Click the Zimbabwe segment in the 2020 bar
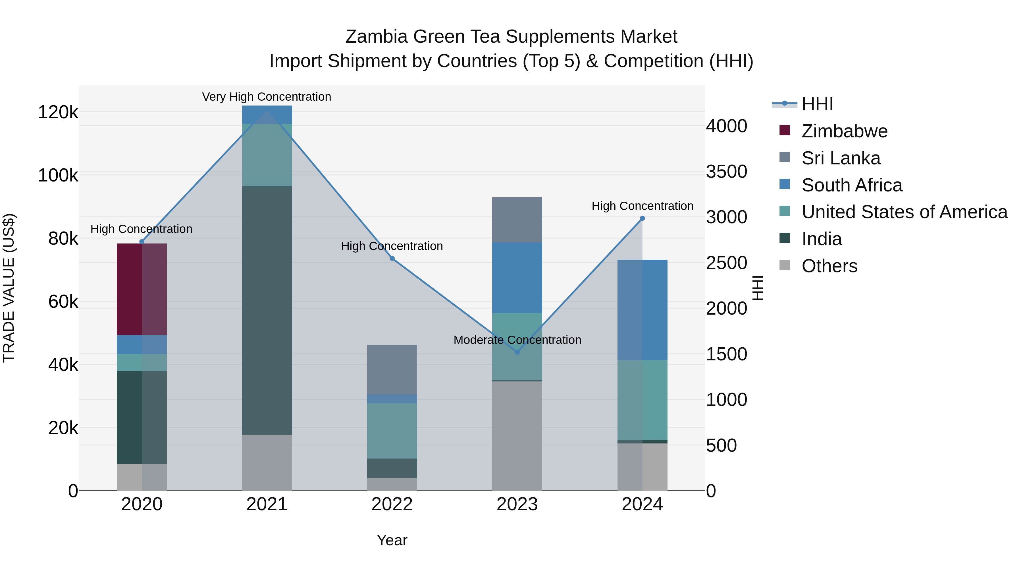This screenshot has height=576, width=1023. pos(142,289)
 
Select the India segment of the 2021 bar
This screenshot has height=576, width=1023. pos(267,310)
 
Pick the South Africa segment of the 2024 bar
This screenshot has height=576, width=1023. pos(642,310)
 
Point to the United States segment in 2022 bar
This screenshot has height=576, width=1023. pos(392,431)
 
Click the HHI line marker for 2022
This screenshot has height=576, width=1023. pos(392,258)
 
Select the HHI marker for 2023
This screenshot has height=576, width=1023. pos(517,352)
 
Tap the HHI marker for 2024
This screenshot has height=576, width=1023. pos(642,218)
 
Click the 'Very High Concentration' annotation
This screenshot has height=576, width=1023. pos(267,97)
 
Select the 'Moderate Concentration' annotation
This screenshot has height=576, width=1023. pos(517,340)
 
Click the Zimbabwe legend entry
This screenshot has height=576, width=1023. pos(844,131)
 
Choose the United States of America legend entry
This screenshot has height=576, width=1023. pos(904,212)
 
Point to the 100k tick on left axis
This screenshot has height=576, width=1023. pos(58,175)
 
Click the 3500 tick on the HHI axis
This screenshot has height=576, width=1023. pos(726,172)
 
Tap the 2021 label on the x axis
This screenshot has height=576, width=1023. pos(267,504)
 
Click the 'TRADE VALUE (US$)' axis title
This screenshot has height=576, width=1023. pos(9,288)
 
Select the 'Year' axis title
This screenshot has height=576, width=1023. pos(392,540)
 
